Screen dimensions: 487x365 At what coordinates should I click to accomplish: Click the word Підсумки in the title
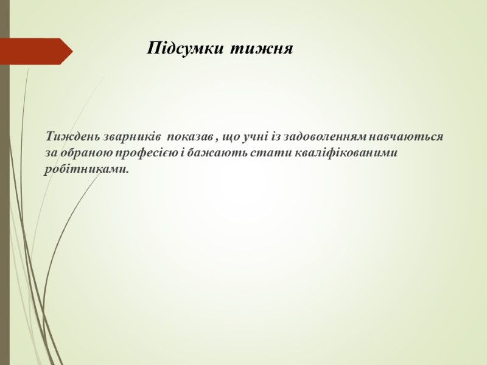(x=185, y=48)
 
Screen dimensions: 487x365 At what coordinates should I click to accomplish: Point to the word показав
(x=190, y=137)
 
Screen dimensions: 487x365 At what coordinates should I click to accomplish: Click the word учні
(x=255, y=137)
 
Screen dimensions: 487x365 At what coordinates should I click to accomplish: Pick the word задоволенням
(x=326, y=137)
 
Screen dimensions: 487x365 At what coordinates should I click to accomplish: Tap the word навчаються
(x=406, y=137)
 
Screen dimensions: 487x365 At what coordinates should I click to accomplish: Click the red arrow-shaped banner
(x=36, y=51)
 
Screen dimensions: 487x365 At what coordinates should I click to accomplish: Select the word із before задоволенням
(x=276, y=137)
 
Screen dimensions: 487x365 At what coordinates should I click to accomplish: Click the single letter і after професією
(x=183, y=153)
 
